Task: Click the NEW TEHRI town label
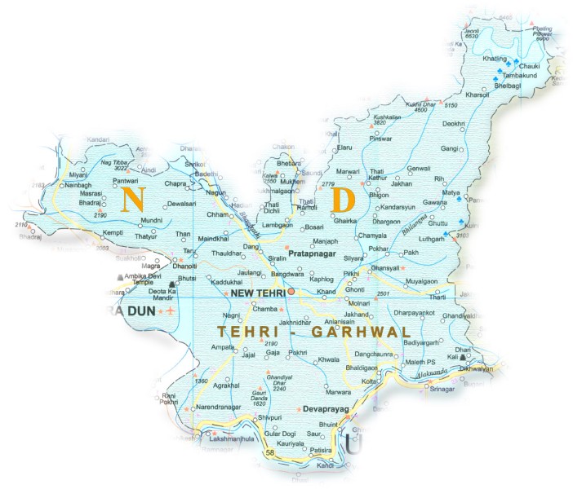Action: pyautogui.click(x=256, y=293)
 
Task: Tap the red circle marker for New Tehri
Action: pyautogui.click(x=291, y=291)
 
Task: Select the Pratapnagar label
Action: pyautogui.click(x=313, y=253)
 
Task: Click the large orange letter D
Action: pyautogui.click(x=344, y=200)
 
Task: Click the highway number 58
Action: pyautogui.click(x=270, y=452)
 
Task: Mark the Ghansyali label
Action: pyautogui.click(x=386, y=267)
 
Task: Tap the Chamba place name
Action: pyautogui.click(x=242, y=309)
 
